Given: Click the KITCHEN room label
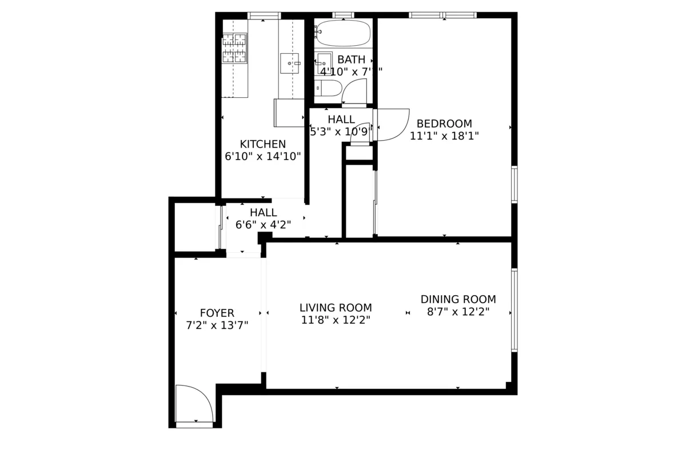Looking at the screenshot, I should coord(262,144).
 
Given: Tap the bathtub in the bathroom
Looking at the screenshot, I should coord(343,33).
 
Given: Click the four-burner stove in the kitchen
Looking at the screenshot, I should coord(234,48).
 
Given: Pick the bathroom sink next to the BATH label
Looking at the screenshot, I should coord(324,63).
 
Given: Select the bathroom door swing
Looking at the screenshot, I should coord(355,92).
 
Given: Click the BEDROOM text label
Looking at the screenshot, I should coord(444,124).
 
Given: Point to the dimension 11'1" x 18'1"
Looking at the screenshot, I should coord(444,136).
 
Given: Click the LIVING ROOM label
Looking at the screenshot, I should coord(336,308).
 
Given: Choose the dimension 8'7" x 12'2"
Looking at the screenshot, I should coord(458,312).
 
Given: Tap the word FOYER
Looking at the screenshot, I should coord(217,313).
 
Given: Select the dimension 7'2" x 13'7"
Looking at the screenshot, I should coord(217,326).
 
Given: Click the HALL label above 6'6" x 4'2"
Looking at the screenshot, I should coord(263,213).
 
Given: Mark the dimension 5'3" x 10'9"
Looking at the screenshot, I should coord(341,132).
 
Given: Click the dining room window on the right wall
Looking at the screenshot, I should coord(514,309).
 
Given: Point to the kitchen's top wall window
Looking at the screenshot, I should coord(264,15).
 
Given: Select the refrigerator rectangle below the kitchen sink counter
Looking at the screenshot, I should coord(289,113).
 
